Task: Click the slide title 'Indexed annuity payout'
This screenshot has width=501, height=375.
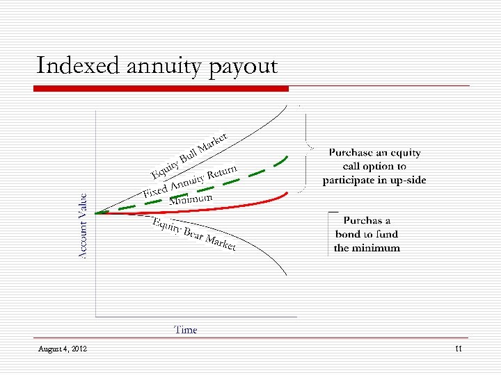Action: coord(157,67)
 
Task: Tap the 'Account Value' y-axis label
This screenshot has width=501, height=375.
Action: coord(82,226)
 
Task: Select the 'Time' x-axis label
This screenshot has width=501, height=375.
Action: coord(186,330)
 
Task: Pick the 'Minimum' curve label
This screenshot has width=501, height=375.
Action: coord(191,200)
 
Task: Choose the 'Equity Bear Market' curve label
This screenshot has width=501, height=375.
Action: coord(194,234)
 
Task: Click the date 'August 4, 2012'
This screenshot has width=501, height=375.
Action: coord(63,349)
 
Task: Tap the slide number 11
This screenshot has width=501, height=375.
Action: coord(458,349)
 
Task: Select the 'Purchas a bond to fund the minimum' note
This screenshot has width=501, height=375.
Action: coord(367,234)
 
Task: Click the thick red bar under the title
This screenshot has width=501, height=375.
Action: coord(162,88)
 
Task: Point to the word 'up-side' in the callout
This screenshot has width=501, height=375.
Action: coord(407,181)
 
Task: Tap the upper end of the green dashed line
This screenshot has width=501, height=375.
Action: coord(286,157)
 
